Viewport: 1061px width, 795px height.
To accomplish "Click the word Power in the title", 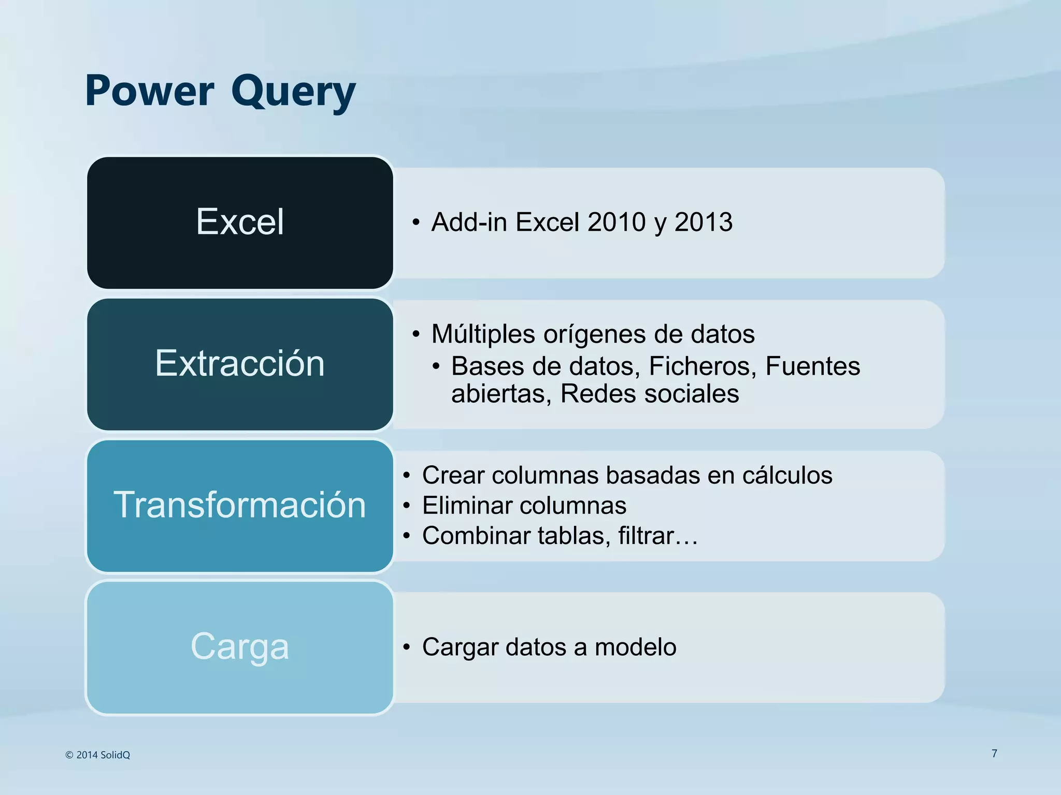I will [149, 91].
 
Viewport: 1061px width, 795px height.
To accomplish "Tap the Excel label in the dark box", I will [240, 222].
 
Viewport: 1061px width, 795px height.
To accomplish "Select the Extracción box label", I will [240, 363].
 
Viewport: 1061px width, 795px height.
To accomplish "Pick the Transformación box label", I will [240, 505].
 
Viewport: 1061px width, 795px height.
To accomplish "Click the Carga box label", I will [240, 646].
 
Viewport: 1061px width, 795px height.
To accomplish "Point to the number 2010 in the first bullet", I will [616, 222].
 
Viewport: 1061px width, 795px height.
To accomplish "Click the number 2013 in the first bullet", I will [704, 222].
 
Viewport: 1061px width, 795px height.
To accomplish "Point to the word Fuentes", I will [812, 366].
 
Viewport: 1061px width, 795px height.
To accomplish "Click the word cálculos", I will [787, 476].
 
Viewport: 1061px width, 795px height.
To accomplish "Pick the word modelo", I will [635, 647].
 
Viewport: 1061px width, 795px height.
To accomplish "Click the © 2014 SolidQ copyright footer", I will [98, 755].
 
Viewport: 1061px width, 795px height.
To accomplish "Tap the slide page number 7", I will [994, 754].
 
